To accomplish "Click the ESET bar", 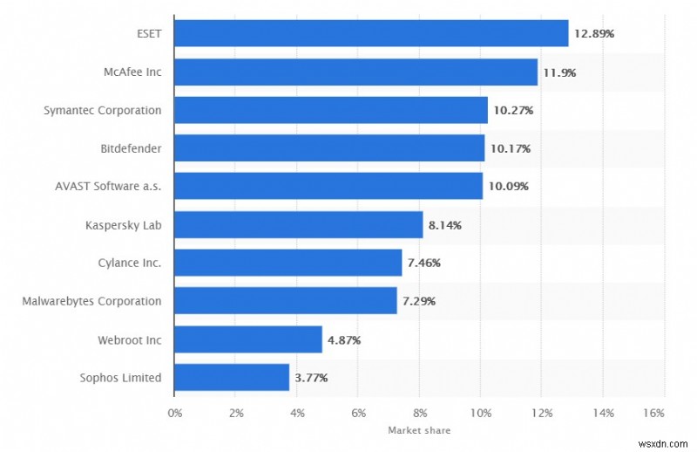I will [x=371, y=33].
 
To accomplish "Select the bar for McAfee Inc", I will [x=355, y=72].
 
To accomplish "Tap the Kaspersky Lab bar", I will [x=298, y=225].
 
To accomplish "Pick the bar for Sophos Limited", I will [x=232, y=378].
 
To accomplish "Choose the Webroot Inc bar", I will [x=248, y=339].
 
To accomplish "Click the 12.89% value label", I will [x=594, y=34].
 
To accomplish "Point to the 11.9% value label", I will [x=559, y=72].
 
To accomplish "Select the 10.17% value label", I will [x=511, y=148].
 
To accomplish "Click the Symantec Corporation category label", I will [x=103, y=111].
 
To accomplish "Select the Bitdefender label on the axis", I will [x=131, y=148].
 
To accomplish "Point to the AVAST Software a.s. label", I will [x=107, y=187].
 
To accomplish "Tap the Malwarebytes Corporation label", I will [x=92, y=301].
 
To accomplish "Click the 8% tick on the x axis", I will [x=419, y=412].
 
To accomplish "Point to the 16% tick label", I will [x=653, y=412].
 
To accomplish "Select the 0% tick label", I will [x=174, y=412].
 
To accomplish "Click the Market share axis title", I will [x=419, y=429].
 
